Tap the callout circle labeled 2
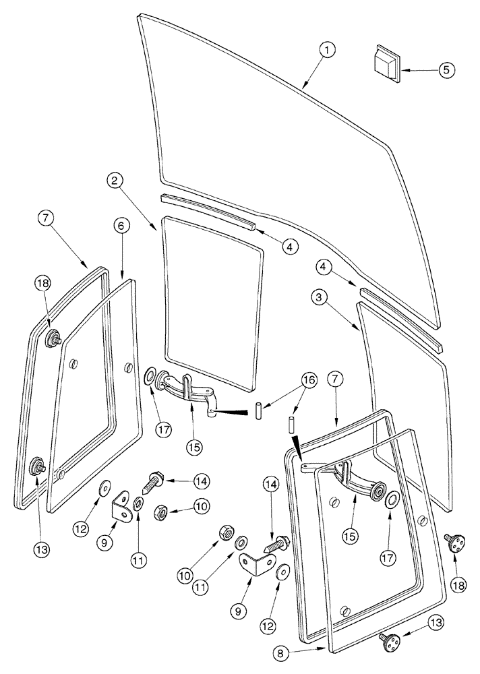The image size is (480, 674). tap(117, 181)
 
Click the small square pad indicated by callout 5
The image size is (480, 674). tap(386, 63)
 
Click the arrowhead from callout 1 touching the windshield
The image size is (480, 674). tap(304, 87)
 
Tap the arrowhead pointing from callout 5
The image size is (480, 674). tap(405, 69)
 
